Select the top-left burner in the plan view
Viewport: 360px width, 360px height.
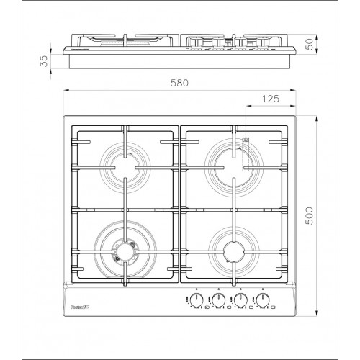click(x=125, y=165)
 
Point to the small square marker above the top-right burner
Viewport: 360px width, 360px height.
click(x=246, y=140)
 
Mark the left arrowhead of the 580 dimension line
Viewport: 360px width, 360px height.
click(x=65, y=91)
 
